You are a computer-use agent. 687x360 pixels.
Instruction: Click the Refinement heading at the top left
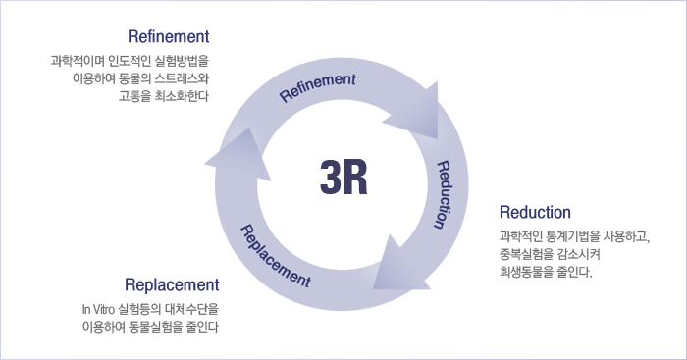[x=169, y=37]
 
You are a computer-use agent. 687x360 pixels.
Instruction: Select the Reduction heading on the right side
[x=535, y=212]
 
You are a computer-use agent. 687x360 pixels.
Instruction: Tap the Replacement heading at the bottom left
[x=172, y=285]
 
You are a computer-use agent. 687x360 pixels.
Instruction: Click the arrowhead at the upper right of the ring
[x=417, y=116]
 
